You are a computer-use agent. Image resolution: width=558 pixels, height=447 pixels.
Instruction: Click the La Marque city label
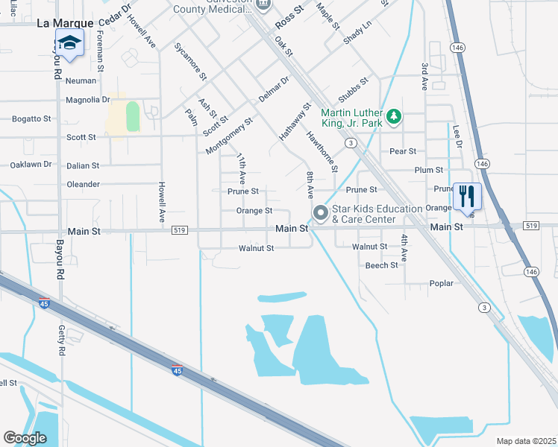pyautogui.click(x=64, y=24)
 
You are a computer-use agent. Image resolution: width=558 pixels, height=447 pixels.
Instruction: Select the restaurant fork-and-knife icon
pyautogui.click(x=467, y=197)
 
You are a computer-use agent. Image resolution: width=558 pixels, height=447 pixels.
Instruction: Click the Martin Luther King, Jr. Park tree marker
pyautogui.click(x=395, y=117)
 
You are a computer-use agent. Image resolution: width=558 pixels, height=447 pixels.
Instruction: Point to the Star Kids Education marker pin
pyautogui.click(x=321, y=214)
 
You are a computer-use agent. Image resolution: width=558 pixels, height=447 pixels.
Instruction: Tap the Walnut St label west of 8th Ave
pyautogui.click(x=256, y=248)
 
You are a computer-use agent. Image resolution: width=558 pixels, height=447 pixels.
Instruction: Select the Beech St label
pyautogui.click(x=381, y=265)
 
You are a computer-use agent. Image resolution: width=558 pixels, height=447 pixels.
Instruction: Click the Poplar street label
pyautogui.click(x=442, y=284)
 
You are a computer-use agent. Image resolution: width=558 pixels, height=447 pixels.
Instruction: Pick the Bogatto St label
pyautogui.click(x=31, y=118)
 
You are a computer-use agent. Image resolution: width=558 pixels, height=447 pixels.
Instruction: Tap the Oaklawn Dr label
pyautogui.click(x=31, y=165)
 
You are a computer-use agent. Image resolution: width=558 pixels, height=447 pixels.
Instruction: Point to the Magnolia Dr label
pyautogui.click(x=87, y=100)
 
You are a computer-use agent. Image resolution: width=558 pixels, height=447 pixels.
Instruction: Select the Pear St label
pyautogui.click(x=402, y=151)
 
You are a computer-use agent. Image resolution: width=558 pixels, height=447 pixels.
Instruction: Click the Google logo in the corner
pyautogui.click(x=25, y=438)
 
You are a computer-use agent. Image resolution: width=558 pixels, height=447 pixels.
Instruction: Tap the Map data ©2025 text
pyautogui.click(x=525, y=441)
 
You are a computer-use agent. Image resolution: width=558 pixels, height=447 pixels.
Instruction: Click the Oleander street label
pyautogui.click(x=83, y=184)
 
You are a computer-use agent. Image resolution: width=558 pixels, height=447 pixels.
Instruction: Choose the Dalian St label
pyautogui.click(x=82, y=165)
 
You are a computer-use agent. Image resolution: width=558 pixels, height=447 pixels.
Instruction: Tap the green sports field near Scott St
pyautogui.click(x=133, y=117)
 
